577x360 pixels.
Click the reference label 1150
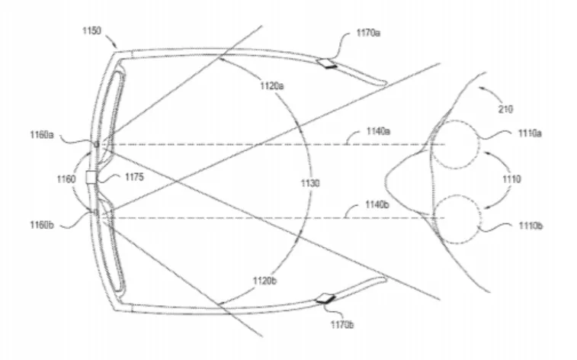pyautogui.click(x=91, y=31)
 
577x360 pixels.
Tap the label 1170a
pyautogui.click(x=368, y=33)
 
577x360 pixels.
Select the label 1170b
pyautogui.click(x=342, y=325)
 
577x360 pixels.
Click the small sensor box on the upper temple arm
pyautogui.click(x=327, y=63)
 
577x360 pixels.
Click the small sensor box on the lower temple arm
pyautogui.click(x=325, y=299)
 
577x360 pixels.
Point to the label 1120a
pyautogui.click(x=272, y=86)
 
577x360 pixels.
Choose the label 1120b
pyautogui.click(x=264, y=281)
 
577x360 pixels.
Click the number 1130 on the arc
pyautogui.click(x=310, y=183)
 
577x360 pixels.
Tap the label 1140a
pyautogui.click(x=378, y=131)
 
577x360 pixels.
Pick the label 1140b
pyautogui.click(x=377, y=204)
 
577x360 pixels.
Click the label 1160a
pyautogui.click(x=42, y=135)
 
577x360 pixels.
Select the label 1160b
pyautogui.click(x=42, y=225)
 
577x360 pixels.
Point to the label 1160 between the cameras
pyautogui.click(x=66, y=179)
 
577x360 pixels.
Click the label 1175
pyautogui.click(x=134, y=177)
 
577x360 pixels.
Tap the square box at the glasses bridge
pyautogui.click(x=91, y=178)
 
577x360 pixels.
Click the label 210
pyautogui.click(x=505, y=109)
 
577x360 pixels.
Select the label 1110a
pyautogui.click(x=530, y=133)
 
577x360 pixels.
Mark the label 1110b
pyautogui.click(x=531, y=226)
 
